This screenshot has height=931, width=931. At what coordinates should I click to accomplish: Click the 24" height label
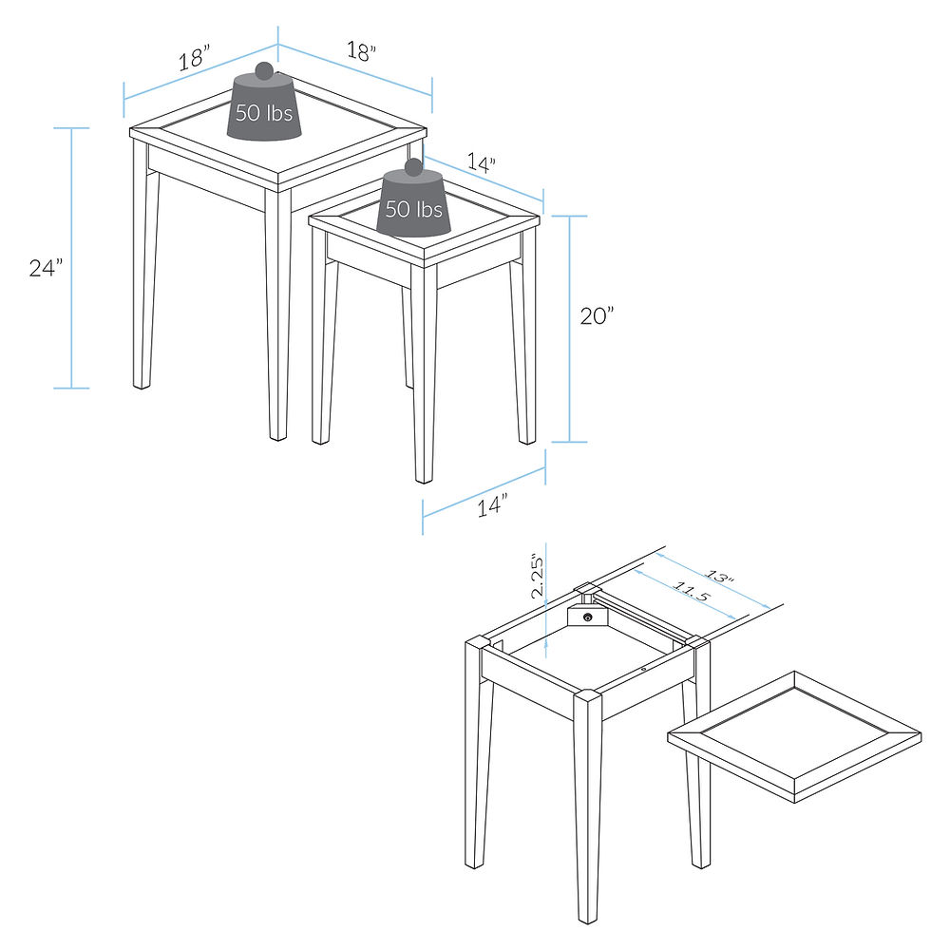tap(46, 268)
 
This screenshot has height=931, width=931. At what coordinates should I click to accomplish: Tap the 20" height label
tap(598, 317)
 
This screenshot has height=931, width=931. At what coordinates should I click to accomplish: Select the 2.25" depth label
tap(538, 576)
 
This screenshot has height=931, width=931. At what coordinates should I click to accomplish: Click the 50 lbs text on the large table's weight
tap(264, 113)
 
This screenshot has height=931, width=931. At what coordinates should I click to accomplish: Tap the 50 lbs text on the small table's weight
tap(414, 209)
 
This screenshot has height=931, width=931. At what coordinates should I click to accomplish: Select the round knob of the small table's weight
tap(413, 167)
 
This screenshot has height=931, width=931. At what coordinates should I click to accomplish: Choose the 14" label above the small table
tap(480, 164)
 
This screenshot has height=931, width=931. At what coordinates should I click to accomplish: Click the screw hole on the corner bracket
tap(589, 617)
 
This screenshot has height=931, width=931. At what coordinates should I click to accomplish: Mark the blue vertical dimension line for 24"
tap(71, 258)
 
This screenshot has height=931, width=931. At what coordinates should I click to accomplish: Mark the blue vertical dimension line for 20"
tap(570, 329)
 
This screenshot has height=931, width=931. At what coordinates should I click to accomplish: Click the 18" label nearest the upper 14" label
tap(361, 52)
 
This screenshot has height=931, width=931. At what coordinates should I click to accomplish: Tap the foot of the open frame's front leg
tap(589, 912)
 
